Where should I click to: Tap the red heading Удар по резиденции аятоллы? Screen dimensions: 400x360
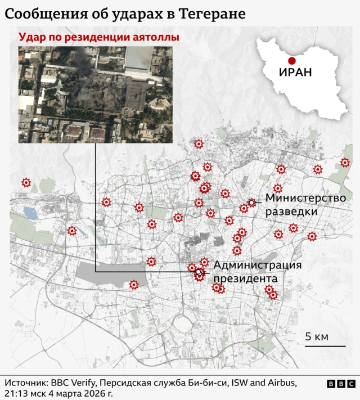99,38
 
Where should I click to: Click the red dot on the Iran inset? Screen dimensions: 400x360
291,61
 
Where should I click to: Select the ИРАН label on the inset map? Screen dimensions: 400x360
295,73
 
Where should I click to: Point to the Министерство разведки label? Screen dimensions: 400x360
305,205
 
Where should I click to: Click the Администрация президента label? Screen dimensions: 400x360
258,272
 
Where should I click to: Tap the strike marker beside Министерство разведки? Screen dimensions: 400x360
251,202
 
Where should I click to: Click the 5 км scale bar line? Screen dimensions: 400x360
325,346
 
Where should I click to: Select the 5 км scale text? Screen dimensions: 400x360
317,337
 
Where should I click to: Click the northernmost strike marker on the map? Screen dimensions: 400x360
198,144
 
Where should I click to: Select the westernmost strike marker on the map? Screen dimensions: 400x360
26,182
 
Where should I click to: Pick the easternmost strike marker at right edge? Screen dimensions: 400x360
345,163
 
